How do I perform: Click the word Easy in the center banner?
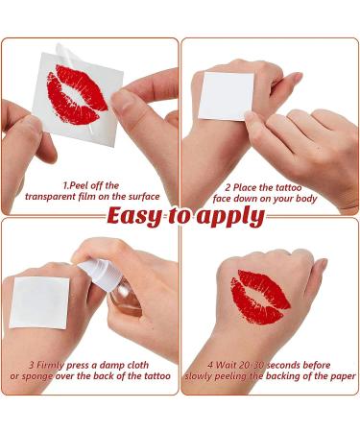(135, 216)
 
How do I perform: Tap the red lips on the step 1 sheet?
(76, 94)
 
